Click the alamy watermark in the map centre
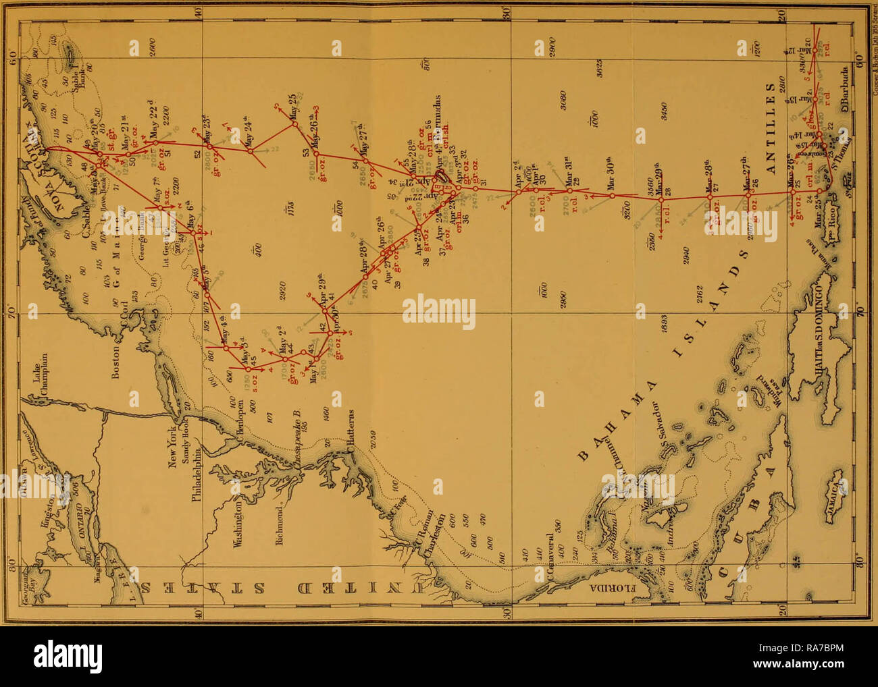click(x=439, y=312)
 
